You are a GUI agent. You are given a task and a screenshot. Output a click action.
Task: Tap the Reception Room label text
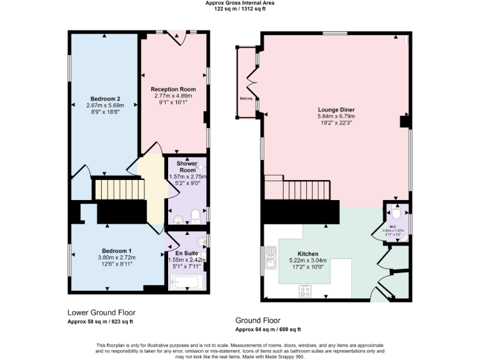click(x=174, y=89)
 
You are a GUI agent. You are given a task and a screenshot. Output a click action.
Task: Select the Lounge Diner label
click(x=336, y=109)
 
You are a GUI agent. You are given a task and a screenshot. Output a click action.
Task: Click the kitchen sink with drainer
click(x=270, y=257)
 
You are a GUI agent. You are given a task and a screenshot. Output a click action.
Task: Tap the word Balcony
click(x=246, y=99)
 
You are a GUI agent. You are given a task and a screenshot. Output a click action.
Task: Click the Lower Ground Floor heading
click(x=101, y=312)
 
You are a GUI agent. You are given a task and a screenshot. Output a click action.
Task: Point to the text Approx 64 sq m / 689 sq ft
click(x=268, y=329)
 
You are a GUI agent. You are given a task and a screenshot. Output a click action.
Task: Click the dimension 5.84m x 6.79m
click(x=336, y=116)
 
